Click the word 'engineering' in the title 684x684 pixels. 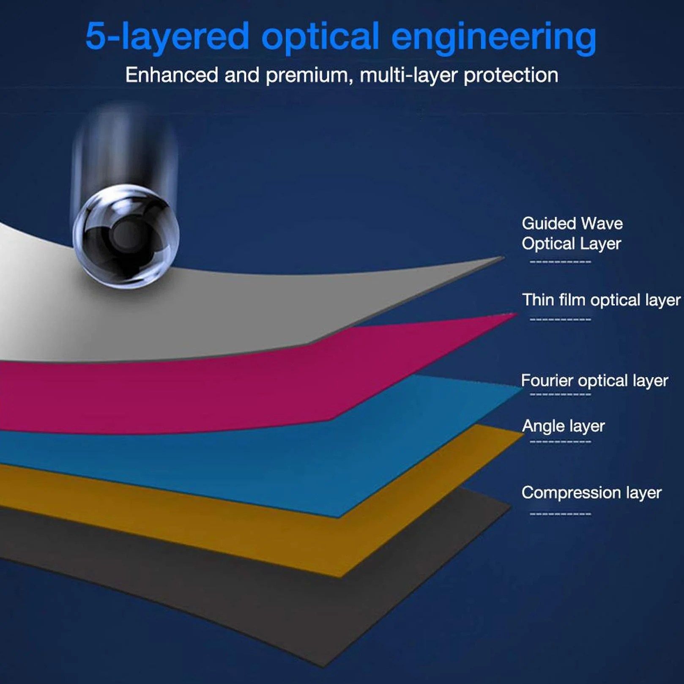[493, 38]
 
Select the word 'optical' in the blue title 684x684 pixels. [320, 38]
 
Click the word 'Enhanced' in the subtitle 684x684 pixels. [171, 75]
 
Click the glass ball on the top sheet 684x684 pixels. [126, 236]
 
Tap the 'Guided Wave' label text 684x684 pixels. [572, 223]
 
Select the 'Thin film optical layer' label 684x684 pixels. [601, 300]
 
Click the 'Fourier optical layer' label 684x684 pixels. [594, 381]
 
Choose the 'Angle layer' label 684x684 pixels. [563, 426]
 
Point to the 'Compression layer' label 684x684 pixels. [591, 493]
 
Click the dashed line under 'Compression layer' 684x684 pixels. [561, 514]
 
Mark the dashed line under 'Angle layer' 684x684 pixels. [561, 442]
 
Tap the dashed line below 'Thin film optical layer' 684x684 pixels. [561, 319]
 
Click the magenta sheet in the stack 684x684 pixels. [211, 389]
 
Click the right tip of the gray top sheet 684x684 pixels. [503, 257]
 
